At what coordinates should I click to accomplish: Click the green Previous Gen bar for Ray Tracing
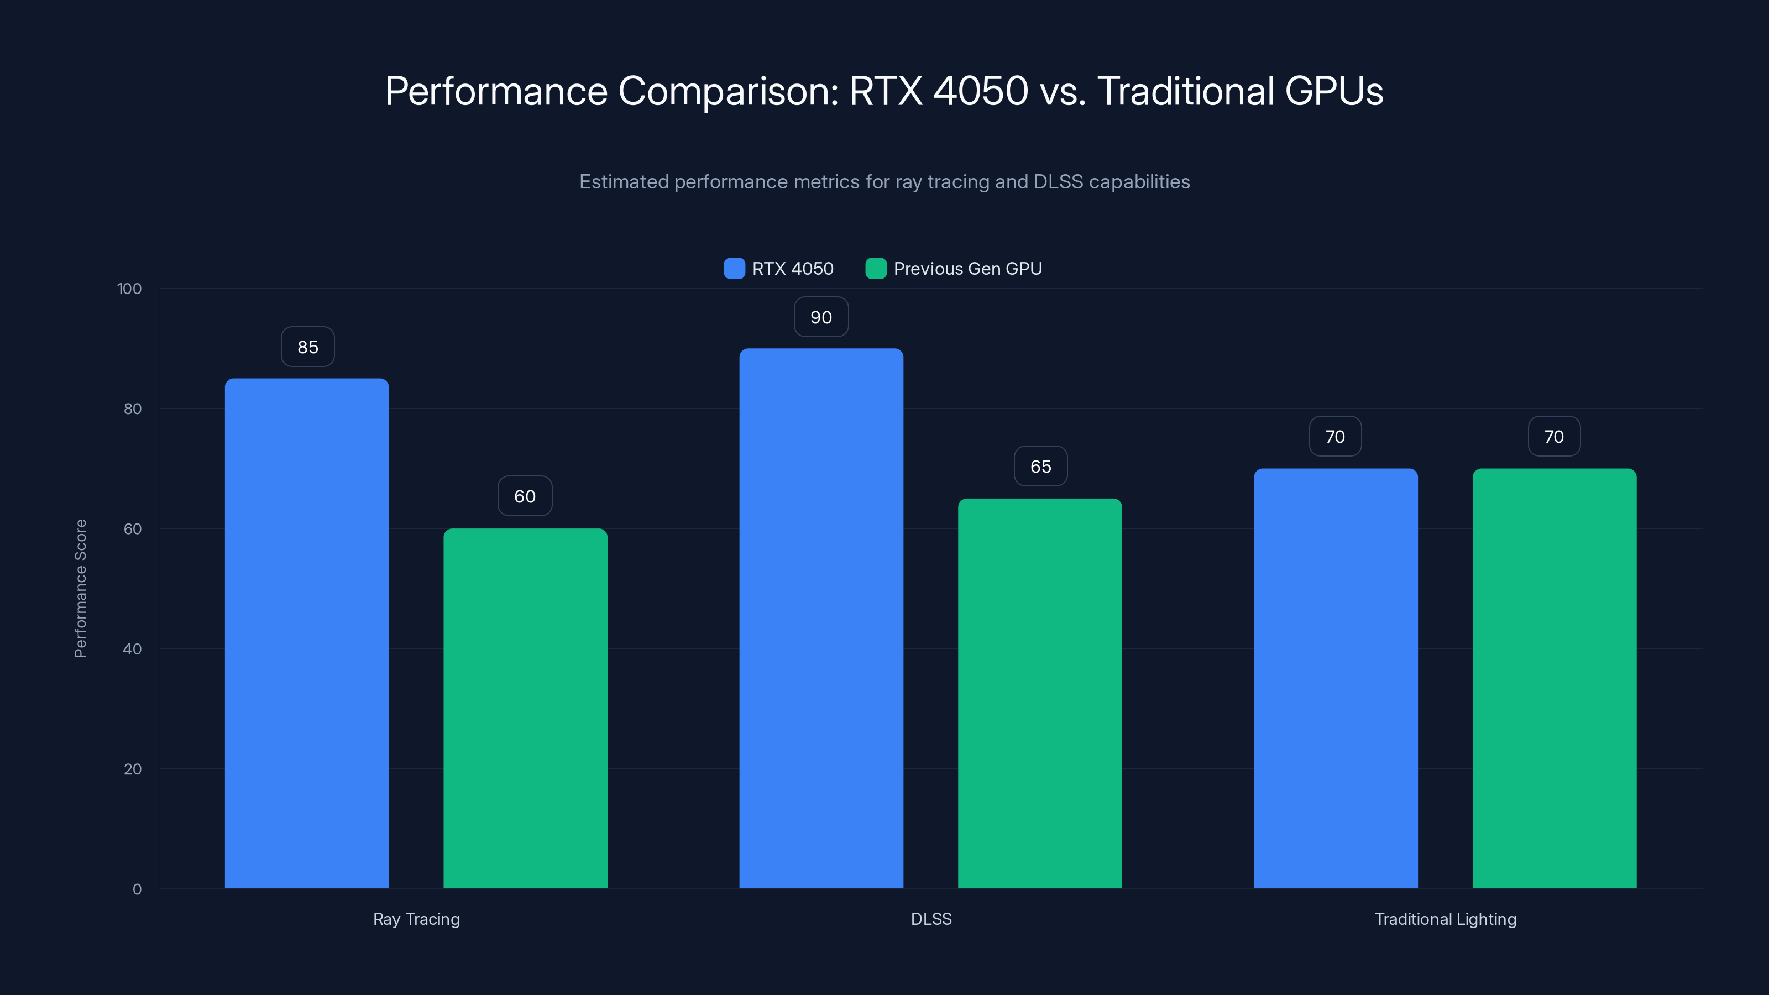coord(525,708)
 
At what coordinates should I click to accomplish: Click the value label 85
coord(308,347)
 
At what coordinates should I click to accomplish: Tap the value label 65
coord(1040,466)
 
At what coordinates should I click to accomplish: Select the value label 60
coord(525,496)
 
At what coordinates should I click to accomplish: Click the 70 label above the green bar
coord(1553,437)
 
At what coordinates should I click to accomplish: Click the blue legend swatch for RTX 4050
coord(734,269)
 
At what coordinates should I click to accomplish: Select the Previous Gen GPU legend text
coord(967,269)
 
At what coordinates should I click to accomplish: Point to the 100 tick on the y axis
coord(129,289)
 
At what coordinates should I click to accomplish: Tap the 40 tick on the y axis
coord(132,649)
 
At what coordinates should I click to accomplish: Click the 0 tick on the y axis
coord(137,889)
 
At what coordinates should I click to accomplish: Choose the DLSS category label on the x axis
coord(930,919)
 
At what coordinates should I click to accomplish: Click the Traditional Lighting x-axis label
coord(1445,919)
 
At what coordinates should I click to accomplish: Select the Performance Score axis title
coord(80,589)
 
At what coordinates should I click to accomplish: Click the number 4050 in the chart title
coord(980,91)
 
